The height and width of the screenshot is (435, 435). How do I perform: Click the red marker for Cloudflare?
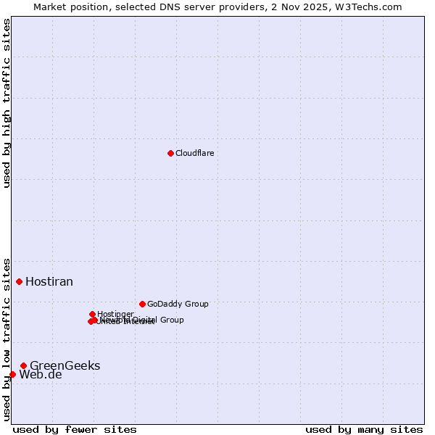(x=170, y=153)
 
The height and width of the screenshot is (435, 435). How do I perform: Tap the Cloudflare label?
(x=194, y=153)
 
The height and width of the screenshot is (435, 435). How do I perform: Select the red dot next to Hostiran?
(x=20, y=281)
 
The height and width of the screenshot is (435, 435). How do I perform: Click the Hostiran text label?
(x=49, y=281)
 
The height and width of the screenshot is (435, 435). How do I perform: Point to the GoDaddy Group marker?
(x=142, y=304)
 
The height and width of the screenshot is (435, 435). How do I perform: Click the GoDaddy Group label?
(x=178, y=304)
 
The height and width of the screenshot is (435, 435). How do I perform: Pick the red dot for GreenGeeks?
(x=24, y=365)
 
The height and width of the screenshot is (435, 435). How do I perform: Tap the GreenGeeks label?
(x=65, y=365)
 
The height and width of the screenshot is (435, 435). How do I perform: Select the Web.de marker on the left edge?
(x=12, y=374)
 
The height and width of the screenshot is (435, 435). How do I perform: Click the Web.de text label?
(x=41, y=375)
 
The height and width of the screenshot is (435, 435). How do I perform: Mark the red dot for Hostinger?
(x=93, y=314)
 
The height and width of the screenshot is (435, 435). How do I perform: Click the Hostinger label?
(x=115, y=314)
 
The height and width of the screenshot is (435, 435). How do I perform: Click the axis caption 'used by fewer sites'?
(x=75, y=429)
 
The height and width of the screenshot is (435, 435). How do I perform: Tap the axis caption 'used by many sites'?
(x=364, y=429)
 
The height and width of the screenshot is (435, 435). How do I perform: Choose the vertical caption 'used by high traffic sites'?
(x=7, y=103)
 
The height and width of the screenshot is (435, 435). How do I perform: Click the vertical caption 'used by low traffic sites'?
(x=7, y=339)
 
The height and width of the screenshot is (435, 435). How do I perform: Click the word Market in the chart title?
(x=51, y=7)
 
